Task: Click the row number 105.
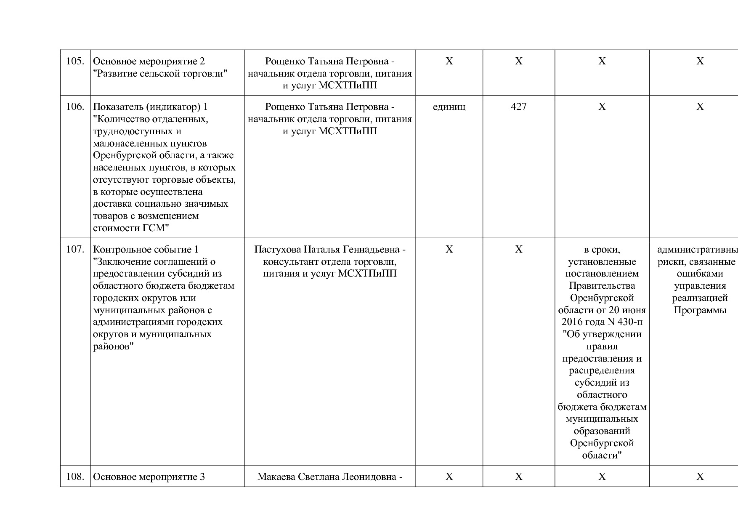(x=75, y=61)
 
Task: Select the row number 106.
(x=75, y=107)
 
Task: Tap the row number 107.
(x=75, y=249)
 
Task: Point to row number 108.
(x=75, y=477)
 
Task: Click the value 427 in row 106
(x=518, y=107)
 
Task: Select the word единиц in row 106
(x=449, y=107)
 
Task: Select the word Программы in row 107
(x=700, y=310)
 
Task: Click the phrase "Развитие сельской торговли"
(x=160, y=74)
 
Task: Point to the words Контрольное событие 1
(x=146, y=249)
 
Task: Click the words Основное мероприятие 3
(x=149, y=477)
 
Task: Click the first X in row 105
(x=449, y=61)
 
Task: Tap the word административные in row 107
(x=697, y=249)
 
